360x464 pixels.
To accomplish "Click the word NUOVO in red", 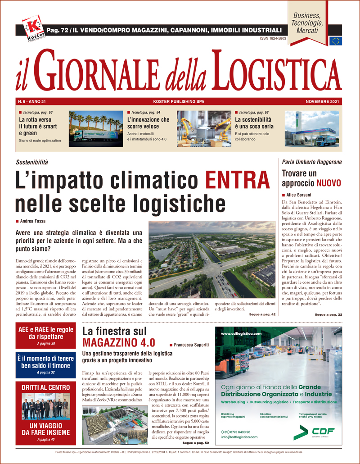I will point(328,183).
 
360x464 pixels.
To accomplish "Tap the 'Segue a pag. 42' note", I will point(262,314).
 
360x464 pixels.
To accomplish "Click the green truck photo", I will point(95,129).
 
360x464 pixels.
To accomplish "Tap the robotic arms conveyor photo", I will point(204,129).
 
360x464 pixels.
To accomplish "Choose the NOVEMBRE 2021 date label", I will point(322,101).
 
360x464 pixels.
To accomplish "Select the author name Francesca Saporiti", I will point(189,344).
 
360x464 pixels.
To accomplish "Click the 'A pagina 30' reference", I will point(46,344).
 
